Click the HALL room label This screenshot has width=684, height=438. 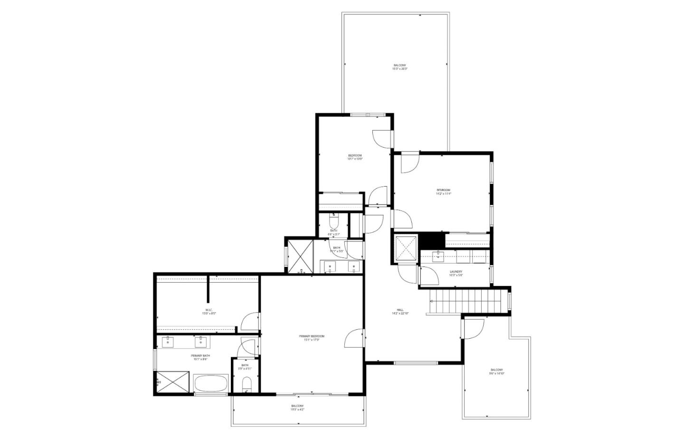pos(400,311)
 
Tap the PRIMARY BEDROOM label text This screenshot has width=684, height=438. pos(312,338)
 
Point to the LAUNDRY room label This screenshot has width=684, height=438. pos(456,273)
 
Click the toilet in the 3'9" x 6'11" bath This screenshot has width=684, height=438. pos(246,383)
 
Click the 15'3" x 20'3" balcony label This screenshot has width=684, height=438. pos(399,67)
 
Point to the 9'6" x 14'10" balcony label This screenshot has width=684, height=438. pos(497,371)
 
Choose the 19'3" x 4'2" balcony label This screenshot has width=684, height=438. pos(297,407)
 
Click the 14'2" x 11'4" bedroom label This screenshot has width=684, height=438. pos(443,192)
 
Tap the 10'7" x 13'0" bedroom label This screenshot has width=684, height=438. pos(355,157)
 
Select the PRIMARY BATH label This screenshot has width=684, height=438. pos(200,357)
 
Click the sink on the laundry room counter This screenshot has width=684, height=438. pos(438,257)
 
